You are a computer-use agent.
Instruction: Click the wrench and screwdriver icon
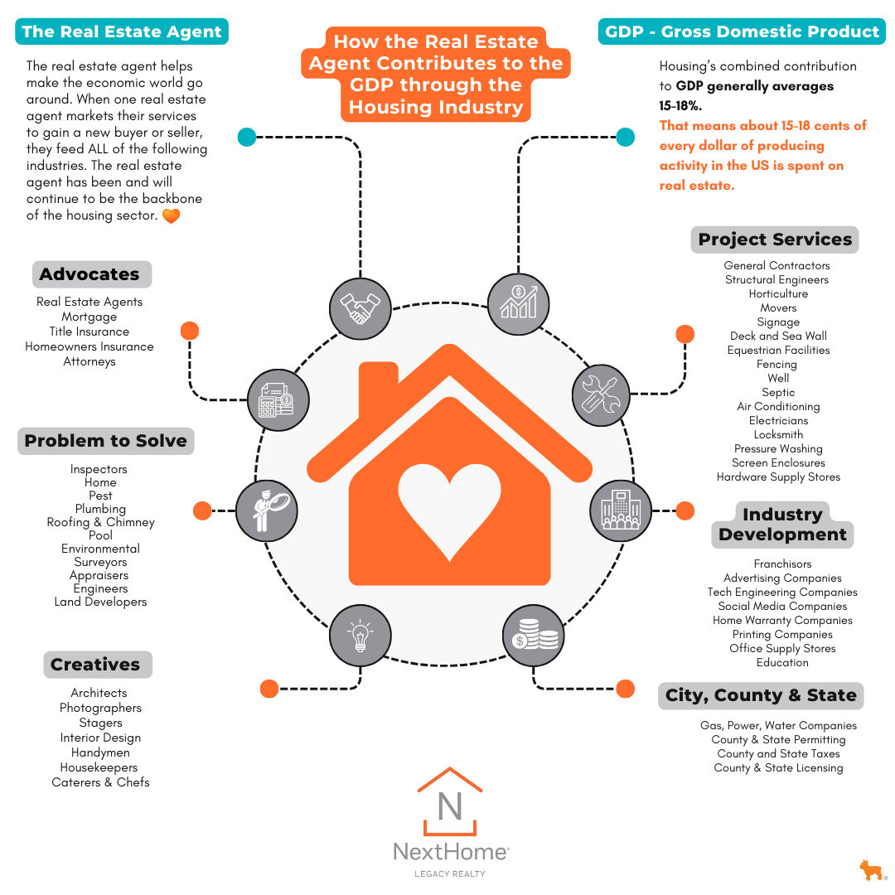point(602,394)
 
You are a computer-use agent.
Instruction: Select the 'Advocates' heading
point(89,274)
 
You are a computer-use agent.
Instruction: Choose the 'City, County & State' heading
point(761,695)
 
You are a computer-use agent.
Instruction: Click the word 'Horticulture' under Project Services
point(778,294)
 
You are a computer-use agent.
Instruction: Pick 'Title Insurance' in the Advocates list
point(89,331)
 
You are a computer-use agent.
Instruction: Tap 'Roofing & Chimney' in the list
point(100,522)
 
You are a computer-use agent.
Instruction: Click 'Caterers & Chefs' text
point(100,782)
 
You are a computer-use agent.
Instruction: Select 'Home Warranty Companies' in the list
point(782,621)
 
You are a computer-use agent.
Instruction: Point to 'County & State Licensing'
point(778,768)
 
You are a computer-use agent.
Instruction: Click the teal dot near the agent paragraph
point(246,137)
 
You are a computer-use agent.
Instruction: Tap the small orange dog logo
point(870,870)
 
